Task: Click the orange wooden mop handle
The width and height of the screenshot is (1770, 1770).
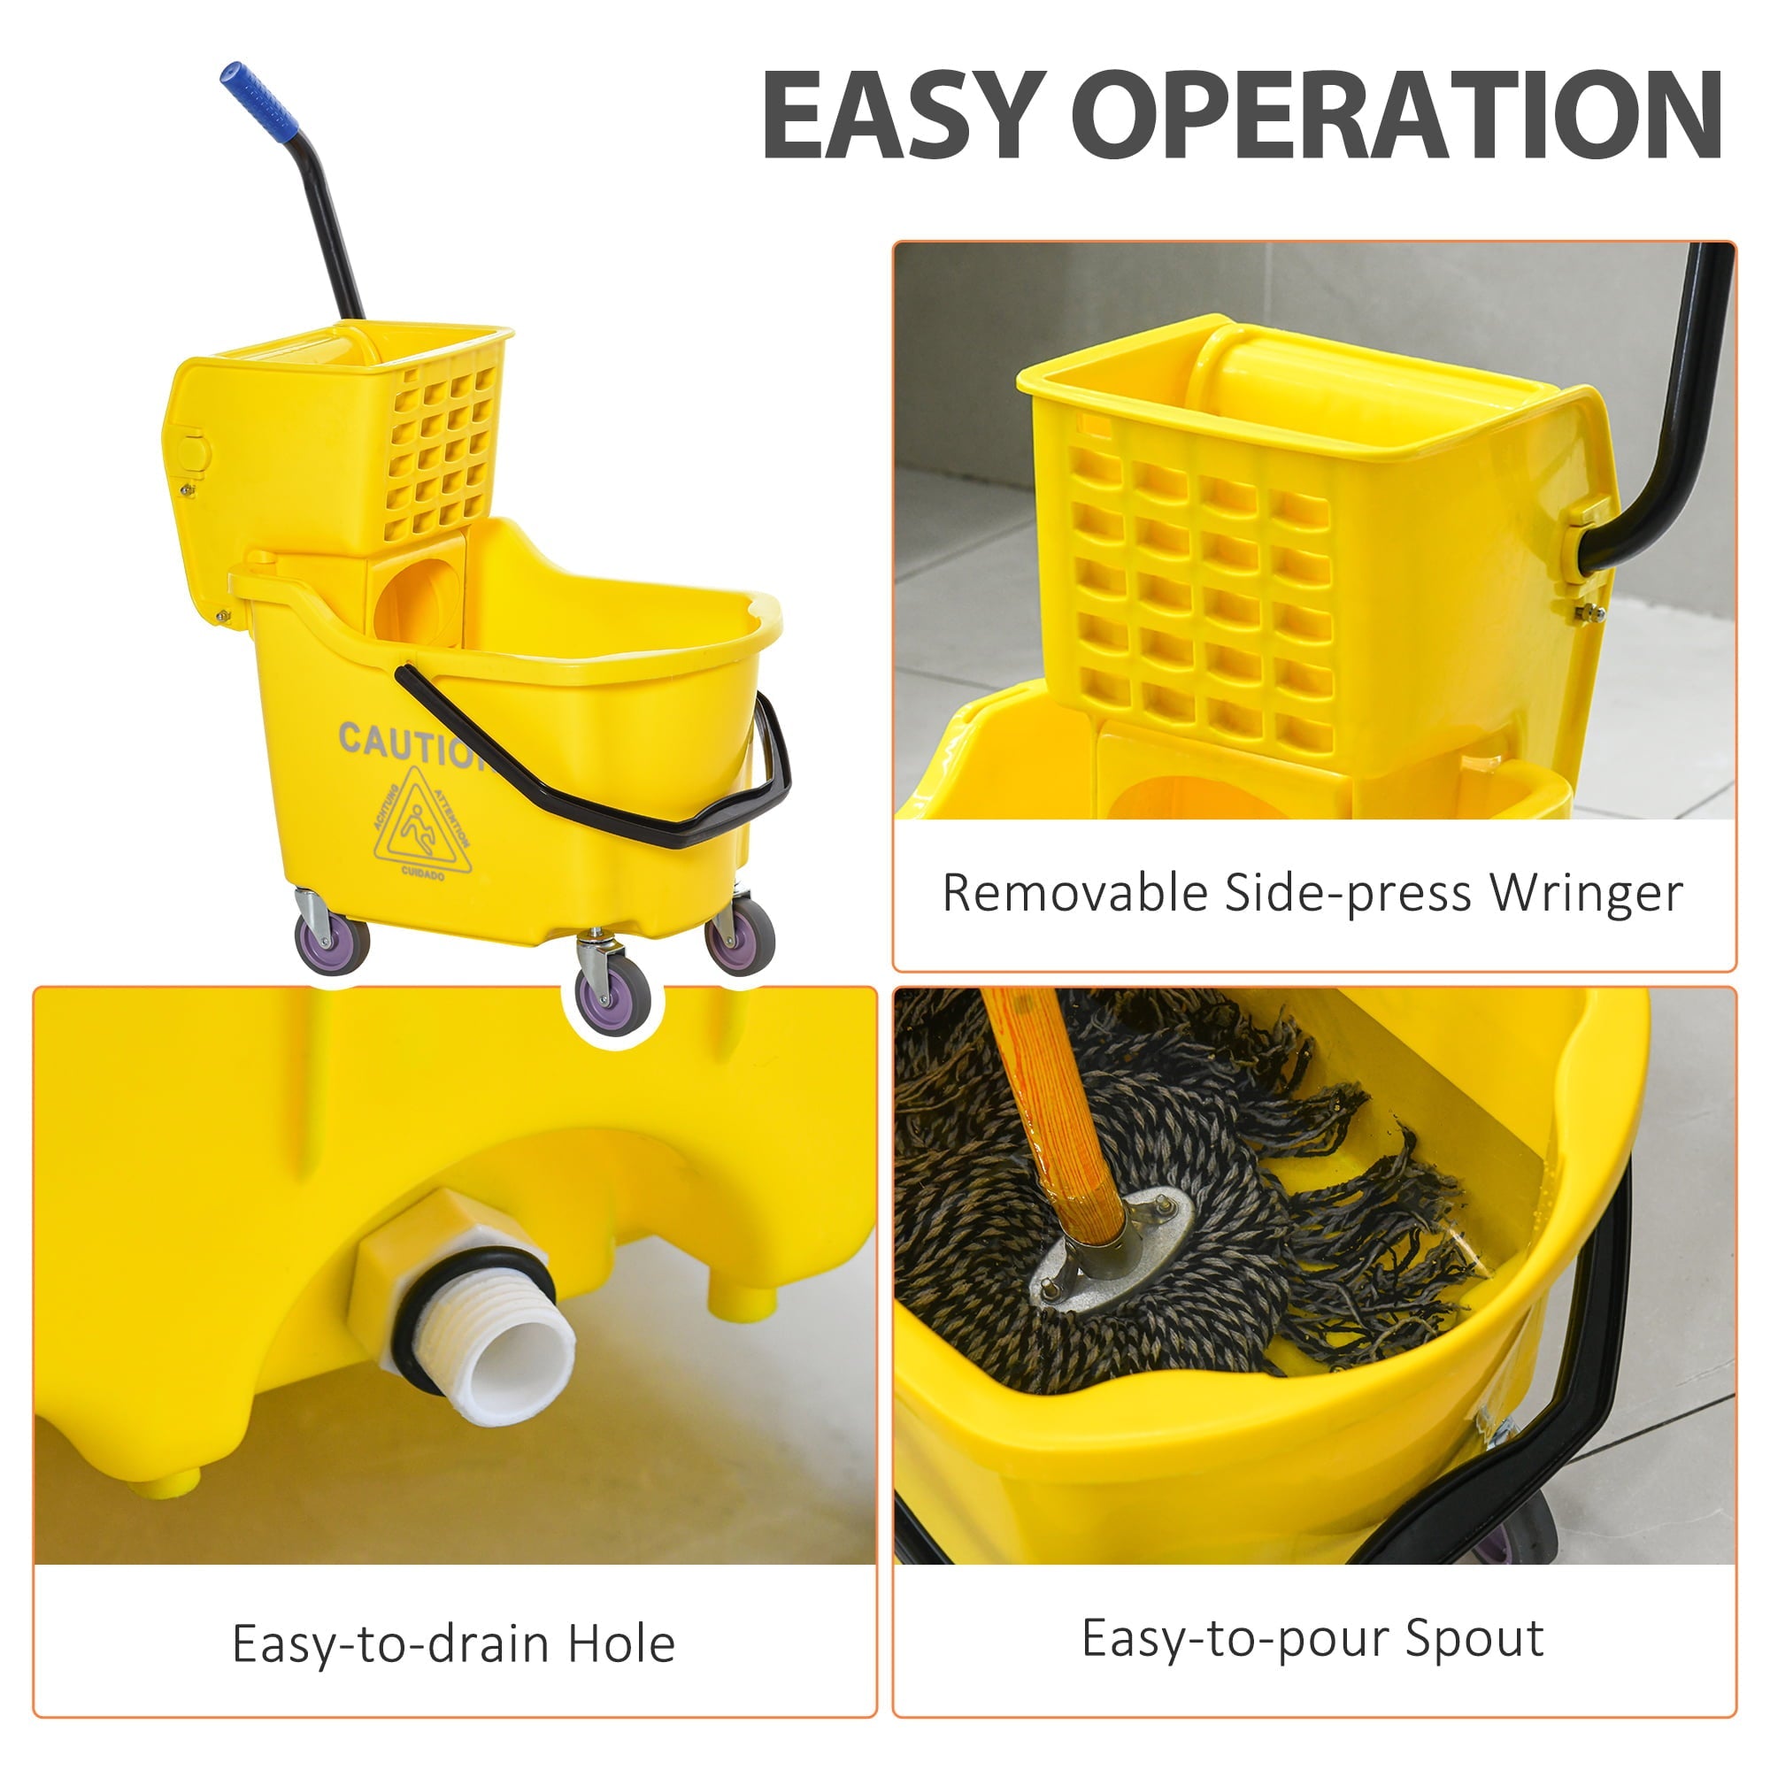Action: [x=1053, y=1109]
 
